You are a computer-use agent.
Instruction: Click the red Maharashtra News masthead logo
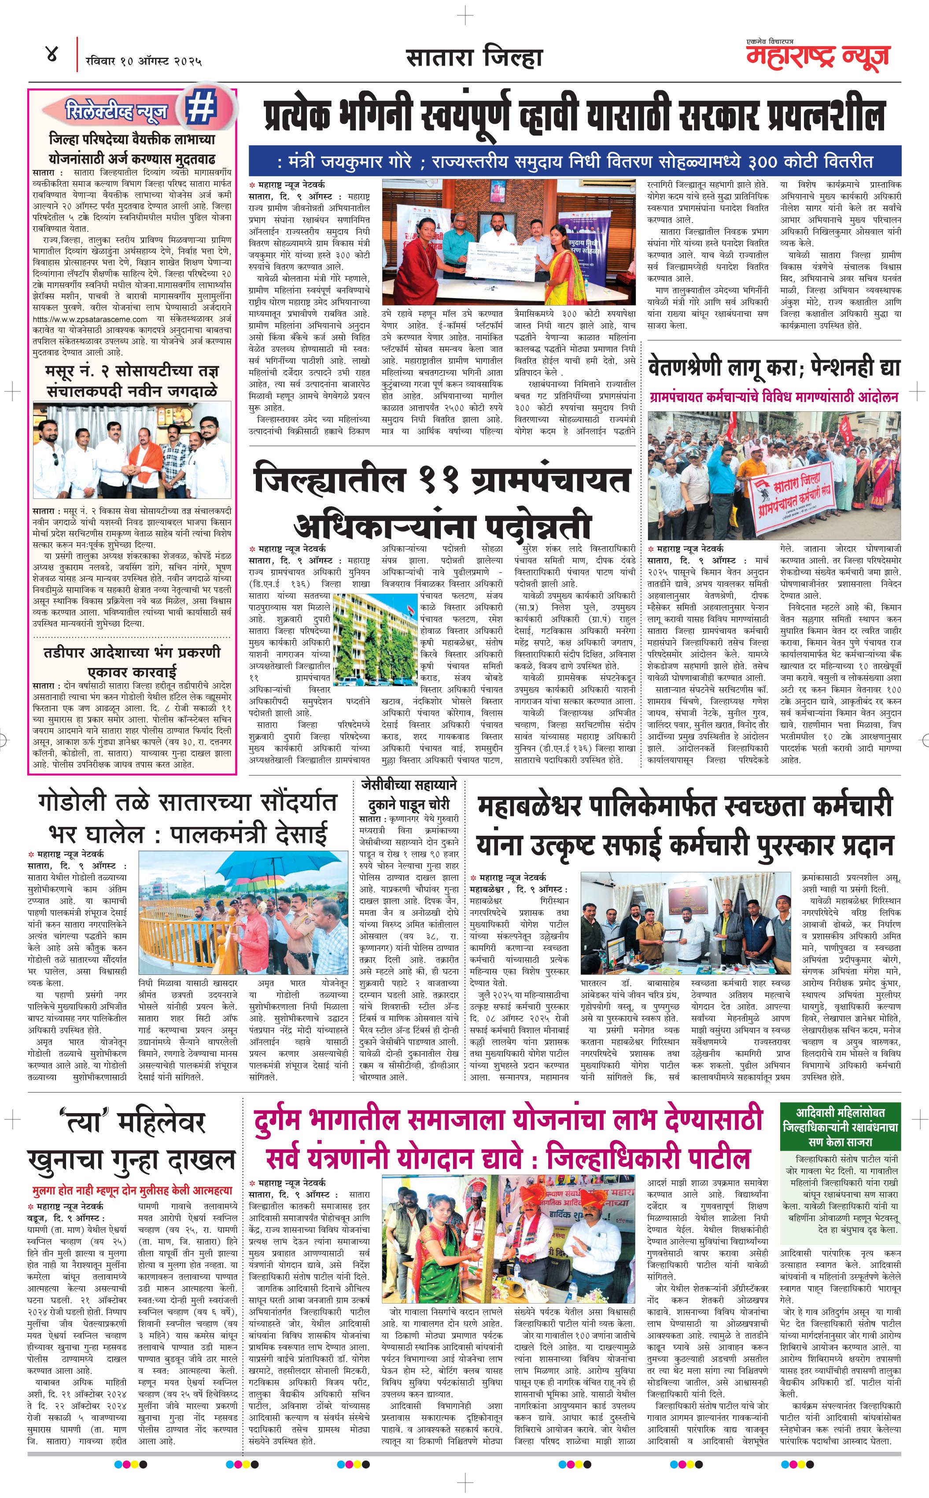(817, 55)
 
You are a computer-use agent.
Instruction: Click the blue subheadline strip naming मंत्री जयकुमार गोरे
(575, 162)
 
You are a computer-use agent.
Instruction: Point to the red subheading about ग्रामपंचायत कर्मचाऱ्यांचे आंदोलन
(774, 397)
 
